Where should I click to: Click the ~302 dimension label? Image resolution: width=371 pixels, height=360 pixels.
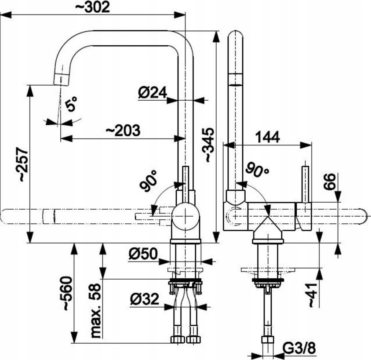coord(92,7)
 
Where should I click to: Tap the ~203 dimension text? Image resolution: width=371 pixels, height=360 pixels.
coord(123,130)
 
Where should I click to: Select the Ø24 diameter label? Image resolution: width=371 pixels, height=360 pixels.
coord(153,92)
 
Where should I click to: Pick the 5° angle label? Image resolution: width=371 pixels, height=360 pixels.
coord(71,104)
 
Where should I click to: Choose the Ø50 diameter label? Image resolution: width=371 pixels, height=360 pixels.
coord(143,254)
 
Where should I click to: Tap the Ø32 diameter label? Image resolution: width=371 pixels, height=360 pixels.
coord(144,299)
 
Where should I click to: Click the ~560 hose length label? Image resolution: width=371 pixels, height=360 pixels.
coord(66,293)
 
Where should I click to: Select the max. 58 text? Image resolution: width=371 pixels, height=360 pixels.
coord(96,311)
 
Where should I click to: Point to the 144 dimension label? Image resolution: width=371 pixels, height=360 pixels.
coord(268,137)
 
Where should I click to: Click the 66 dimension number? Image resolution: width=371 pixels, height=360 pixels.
coord(330,182)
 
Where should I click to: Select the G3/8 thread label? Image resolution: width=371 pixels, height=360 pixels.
coord(299,348)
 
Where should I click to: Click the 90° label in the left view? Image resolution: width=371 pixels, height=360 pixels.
coord(149,181)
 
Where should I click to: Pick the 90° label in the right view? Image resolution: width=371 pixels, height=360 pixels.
coord(257,169)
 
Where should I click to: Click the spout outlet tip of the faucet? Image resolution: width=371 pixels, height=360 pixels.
coord(61,79)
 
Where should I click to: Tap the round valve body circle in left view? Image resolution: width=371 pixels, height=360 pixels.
coord(185,216)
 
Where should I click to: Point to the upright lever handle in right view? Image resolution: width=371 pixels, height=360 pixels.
coord(306,185)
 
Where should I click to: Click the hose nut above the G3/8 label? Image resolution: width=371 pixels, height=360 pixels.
coord(268,340)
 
